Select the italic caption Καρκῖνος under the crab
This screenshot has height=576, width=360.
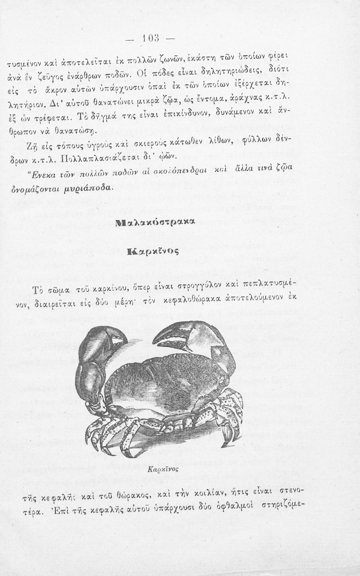click(x=164, y=469)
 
